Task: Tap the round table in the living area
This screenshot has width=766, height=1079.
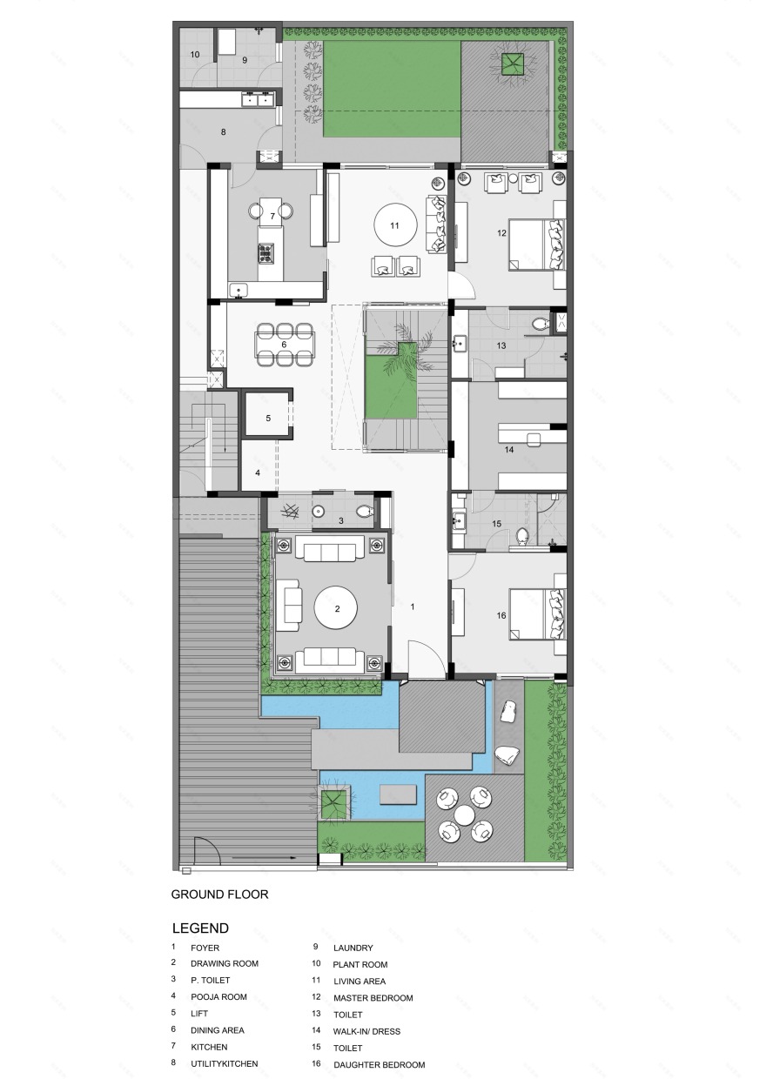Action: point(394,225)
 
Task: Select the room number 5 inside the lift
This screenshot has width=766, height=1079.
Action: point(268,418)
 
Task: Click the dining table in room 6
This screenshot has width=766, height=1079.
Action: point(284,344)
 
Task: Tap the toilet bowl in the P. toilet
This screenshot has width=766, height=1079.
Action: point(365,513)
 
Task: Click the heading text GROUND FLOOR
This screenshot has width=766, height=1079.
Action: point(219,894)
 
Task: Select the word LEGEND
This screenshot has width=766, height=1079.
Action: point(201,928)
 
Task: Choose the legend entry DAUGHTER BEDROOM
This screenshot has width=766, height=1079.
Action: point(379,1064)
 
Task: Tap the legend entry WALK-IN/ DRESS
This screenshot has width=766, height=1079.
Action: point(366,1031)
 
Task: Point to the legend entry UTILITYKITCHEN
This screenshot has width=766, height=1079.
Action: point(224,1063)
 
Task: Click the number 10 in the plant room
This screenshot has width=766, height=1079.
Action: point(195,55)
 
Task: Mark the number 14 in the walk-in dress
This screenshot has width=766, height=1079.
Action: point(508,450)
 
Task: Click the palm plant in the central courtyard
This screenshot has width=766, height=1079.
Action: point(407,338)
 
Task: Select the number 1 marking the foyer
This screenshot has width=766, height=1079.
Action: point(413,606)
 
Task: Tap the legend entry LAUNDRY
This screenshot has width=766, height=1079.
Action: point(353,948)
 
